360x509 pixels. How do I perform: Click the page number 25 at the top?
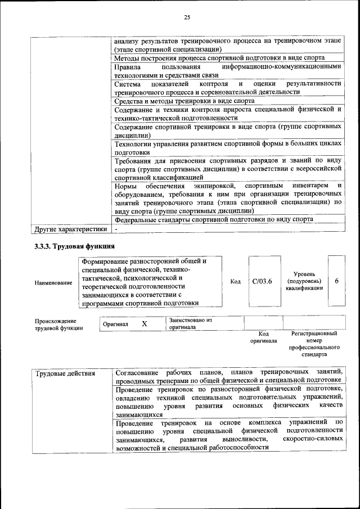pyautogui.click(x=187, y=17)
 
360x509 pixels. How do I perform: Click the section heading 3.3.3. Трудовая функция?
pyautogui.click(x=75, y=246)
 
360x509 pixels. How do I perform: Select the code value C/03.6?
pyautogui.click(x=262, y=282)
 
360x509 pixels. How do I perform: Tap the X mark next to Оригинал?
pyautogui.click(x=144, y=324)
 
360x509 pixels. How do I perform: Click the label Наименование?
pyautogui.click(x=53, y=282)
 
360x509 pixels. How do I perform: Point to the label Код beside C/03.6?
pyautogui.click(x=236, y=282)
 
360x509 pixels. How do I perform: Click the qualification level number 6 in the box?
pyautogui.click(x=336, y=281)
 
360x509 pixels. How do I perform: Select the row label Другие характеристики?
pyautogui.click(x=70, y=229)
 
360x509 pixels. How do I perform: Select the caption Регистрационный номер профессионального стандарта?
pyautogui.click(x=314, y=344)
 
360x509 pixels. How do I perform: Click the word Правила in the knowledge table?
pyautogui.click(x=127, y=67)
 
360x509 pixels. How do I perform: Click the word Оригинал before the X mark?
pyautogui.click(x=115, y=325)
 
